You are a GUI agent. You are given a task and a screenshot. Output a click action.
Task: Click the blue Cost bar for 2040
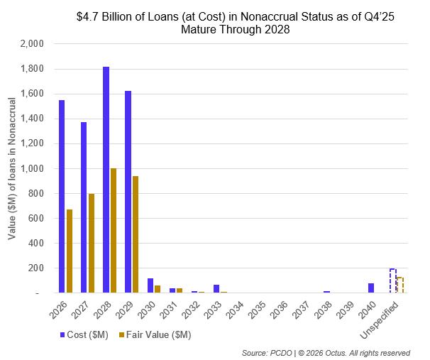pyautogui.click(x=371, y=288)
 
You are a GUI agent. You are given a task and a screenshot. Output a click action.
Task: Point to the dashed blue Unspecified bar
pyautogui.click(x=393, y=280)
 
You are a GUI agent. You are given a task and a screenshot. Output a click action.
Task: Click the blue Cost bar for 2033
pyautogui.click(x=216, y=288)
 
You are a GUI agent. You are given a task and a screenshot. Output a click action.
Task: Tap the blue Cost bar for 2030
pyautogui.click(x=150, y=285)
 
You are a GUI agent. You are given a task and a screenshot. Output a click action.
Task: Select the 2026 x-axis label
pyautogui.click(x=60, y=308)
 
